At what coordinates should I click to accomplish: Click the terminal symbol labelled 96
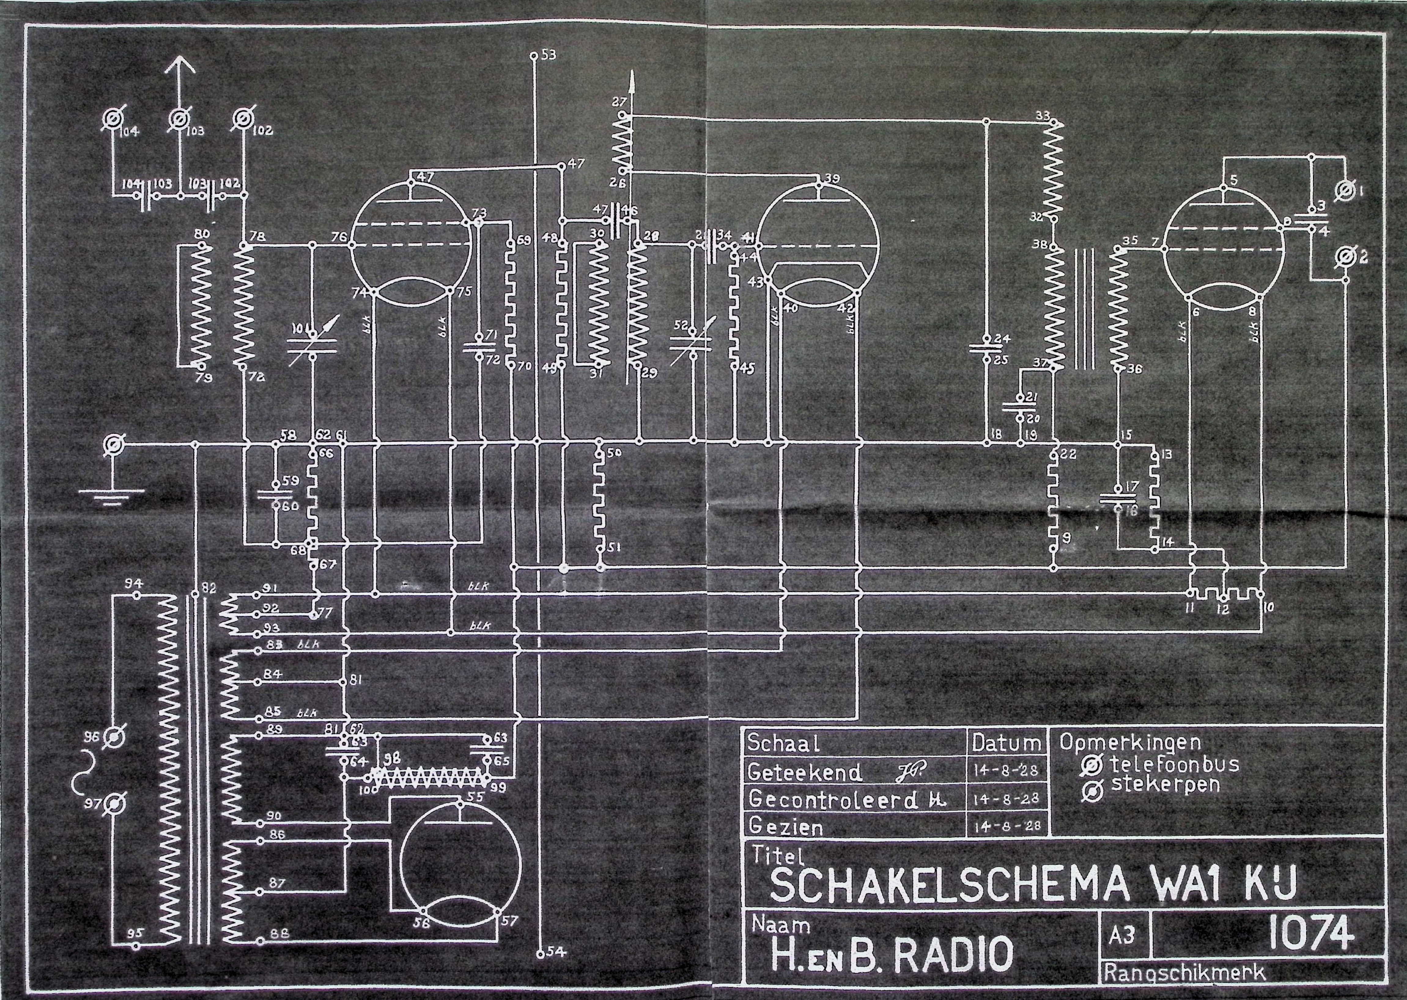pos(113,737)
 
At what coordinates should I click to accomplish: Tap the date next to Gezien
pos(1006,825)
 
